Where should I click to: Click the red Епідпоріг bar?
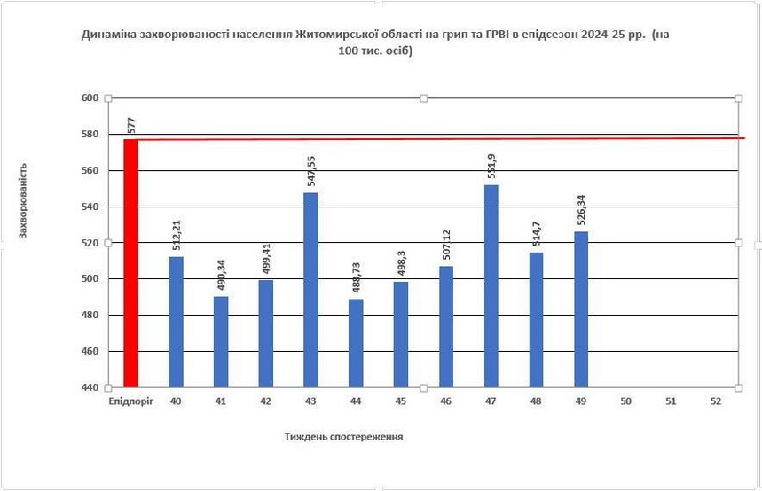[130, 263]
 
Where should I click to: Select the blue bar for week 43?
[310, 290]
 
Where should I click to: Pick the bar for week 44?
[356, 343]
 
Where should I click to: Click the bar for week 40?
[176, 322]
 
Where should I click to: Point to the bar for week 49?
[581, 309]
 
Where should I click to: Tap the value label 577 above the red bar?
[130, 125]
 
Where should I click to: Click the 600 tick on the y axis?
[89, 97]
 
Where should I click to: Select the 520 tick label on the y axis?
[89, 243]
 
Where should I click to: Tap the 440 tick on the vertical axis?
[89, 387]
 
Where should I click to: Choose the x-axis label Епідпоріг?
[130, 401]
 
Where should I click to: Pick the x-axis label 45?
[401, 401]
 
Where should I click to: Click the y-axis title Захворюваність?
[24, 199]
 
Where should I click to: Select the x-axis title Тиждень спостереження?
[343, 436]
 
